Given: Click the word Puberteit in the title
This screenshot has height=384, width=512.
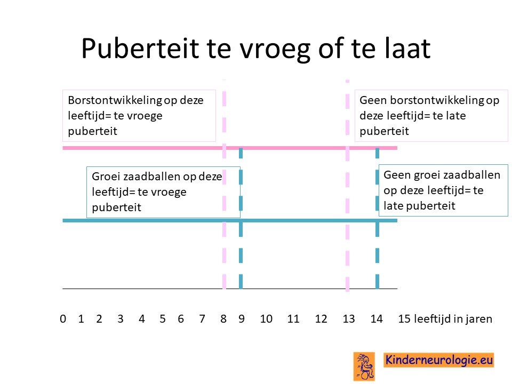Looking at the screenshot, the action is (140, 49).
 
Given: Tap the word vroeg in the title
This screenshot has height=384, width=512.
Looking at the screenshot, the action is (275, 50).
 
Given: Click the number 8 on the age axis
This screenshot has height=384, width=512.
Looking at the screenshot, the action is (223, 319).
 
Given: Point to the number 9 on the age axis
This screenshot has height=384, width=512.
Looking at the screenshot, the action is (241, 319).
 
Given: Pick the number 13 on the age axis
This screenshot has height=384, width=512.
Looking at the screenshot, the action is (349, 319).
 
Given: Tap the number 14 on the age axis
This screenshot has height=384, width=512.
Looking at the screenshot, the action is (377, 319).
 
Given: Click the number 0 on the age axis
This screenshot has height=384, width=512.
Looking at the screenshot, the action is (63, 319).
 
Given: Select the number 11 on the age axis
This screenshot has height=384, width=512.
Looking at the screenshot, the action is (293, 319).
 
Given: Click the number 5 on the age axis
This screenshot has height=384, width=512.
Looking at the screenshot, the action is (162, 319).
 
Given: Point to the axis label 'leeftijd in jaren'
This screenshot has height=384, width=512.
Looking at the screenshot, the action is (453, 319).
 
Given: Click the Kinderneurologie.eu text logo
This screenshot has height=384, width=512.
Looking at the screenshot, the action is (438, 360).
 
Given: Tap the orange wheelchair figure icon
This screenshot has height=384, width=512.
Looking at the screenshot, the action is (364, 366).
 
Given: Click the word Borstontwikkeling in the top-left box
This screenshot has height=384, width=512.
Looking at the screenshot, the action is (115, 100).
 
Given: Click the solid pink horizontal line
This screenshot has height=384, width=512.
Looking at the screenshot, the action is (230, 148).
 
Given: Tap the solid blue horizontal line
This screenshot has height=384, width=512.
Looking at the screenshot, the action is (230, 220).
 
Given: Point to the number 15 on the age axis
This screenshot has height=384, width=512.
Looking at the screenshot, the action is (404, 319).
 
